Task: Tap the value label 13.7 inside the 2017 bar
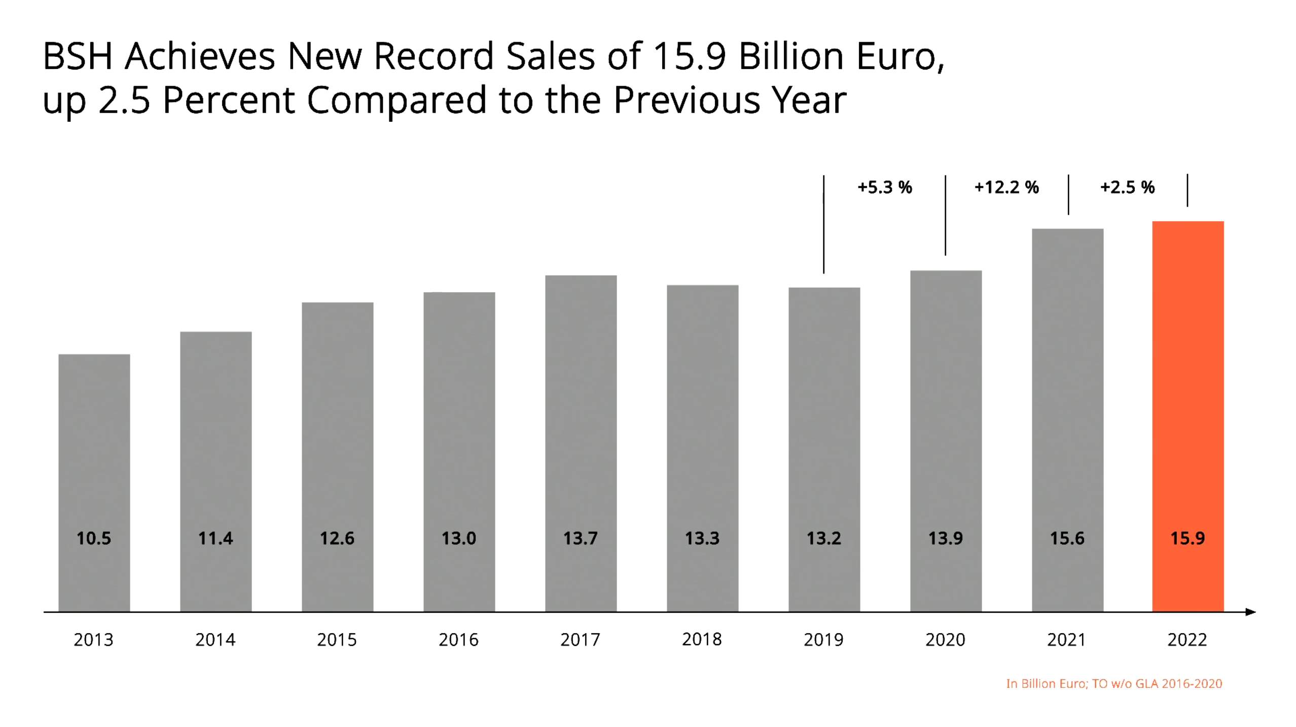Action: coord(580,538)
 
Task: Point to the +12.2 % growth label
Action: coord(1006,188)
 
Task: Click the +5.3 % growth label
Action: coord(884,188)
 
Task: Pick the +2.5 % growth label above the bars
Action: coord(1127,188)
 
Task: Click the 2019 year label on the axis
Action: coord(823,640)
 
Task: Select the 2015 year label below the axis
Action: coord(337,640)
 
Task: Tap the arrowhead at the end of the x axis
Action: coord(1250,612)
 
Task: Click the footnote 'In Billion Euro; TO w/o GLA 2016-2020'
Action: coord(1114,684)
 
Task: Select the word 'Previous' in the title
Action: coord(687,100)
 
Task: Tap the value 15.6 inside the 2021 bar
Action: coord(1067,538)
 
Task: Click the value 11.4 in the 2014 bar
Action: coord(215,538)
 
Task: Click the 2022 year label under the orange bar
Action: coord(1187,640)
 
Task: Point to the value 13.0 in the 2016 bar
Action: coord(458,538)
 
